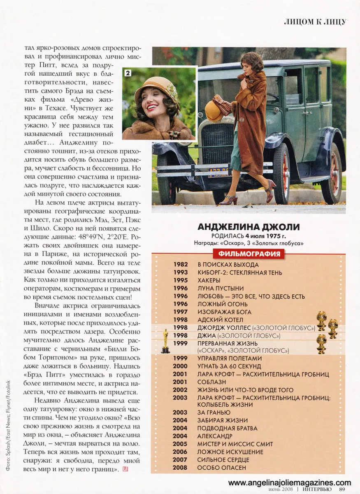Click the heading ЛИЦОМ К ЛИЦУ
click(x=315, y=22)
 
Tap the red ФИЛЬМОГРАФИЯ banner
click(x=249, y=253)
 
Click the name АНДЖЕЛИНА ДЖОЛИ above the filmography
click(x=249, y=227)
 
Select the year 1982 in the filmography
click(x=180, y=265)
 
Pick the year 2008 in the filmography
click(x=180, y=468)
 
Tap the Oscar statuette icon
click(x=166, y=342)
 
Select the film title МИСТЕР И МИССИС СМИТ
click(x=235, y=444)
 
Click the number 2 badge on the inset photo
click(x=128, y=73)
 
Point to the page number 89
click(x=342, y=489)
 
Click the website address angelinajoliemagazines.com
click(x=290, y=482)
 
